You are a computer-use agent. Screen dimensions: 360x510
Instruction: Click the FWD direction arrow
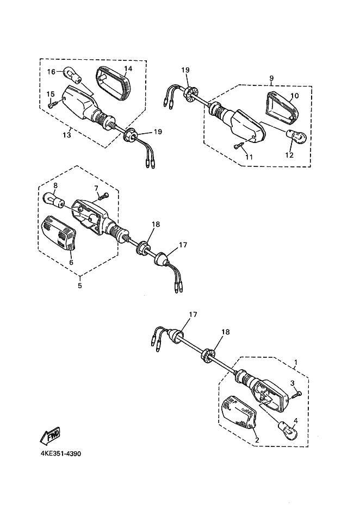[50, 435]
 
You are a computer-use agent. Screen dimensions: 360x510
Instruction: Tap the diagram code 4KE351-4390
[61, 453]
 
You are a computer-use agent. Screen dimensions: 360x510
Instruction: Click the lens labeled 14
[113, 84]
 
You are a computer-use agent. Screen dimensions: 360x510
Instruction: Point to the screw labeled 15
[52, 104]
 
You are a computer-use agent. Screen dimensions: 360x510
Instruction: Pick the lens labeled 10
[282, 107]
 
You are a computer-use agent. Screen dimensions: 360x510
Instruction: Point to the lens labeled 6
[59, 233]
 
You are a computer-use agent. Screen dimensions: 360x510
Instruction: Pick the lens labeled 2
[239, 412]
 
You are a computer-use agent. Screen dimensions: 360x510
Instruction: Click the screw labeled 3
[296, 394]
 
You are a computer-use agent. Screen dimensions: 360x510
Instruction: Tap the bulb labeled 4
[287, 430]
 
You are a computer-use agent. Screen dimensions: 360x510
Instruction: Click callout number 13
[67, 135]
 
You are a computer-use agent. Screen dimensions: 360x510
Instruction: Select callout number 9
[271, 78]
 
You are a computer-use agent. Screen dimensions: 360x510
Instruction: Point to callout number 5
[80, 285]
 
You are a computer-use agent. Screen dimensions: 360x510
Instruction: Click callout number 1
[296, 362]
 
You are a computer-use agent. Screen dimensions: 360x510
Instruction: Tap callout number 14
[128, 69]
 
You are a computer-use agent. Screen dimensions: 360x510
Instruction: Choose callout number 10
[294, 96]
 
